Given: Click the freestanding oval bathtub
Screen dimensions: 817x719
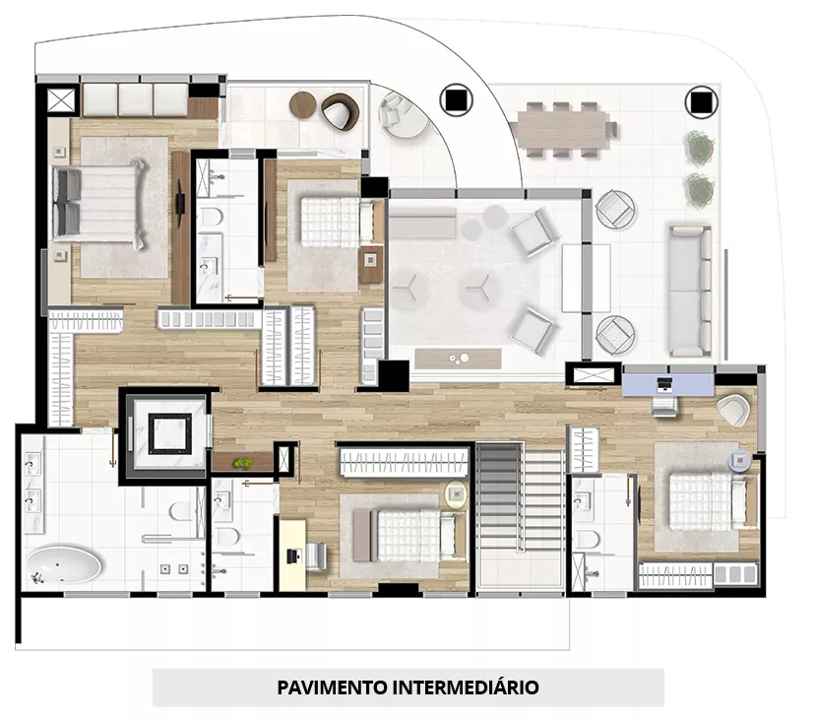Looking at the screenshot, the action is (x=64, y=565).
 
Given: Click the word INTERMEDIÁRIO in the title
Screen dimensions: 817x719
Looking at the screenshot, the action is (x=466, y=687).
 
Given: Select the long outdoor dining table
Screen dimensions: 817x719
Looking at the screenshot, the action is (x=561, y=129).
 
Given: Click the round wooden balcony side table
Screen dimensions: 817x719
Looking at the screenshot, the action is (x=303, y=105).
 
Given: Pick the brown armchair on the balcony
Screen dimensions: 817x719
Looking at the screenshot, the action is (x=341, y=111).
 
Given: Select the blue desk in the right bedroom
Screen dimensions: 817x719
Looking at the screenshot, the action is (x=668, y=384).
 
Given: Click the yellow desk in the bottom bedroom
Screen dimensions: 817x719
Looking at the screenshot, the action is (x=292, y=555).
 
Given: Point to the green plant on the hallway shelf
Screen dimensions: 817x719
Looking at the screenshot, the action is (x=242, y=463).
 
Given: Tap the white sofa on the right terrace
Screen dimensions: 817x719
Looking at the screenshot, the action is (x=690, y=291).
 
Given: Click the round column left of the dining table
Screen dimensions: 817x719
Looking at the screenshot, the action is (x=456, y=100).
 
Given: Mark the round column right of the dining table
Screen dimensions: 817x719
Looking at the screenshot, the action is (x=701, y=101).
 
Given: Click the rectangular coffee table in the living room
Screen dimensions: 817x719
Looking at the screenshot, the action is (x=458, y=359).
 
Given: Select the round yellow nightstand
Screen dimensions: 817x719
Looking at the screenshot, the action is (x=456, y=493).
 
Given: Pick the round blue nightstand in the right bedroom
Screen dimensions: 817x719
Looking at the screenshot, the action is (x=739, y=460).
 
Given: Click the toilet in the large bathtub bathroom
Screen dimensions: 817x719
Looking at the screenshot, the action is (x=181, y=511).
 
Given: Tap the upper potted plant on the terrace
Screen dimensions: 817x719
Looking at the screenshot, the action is (x=699, y=146).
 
